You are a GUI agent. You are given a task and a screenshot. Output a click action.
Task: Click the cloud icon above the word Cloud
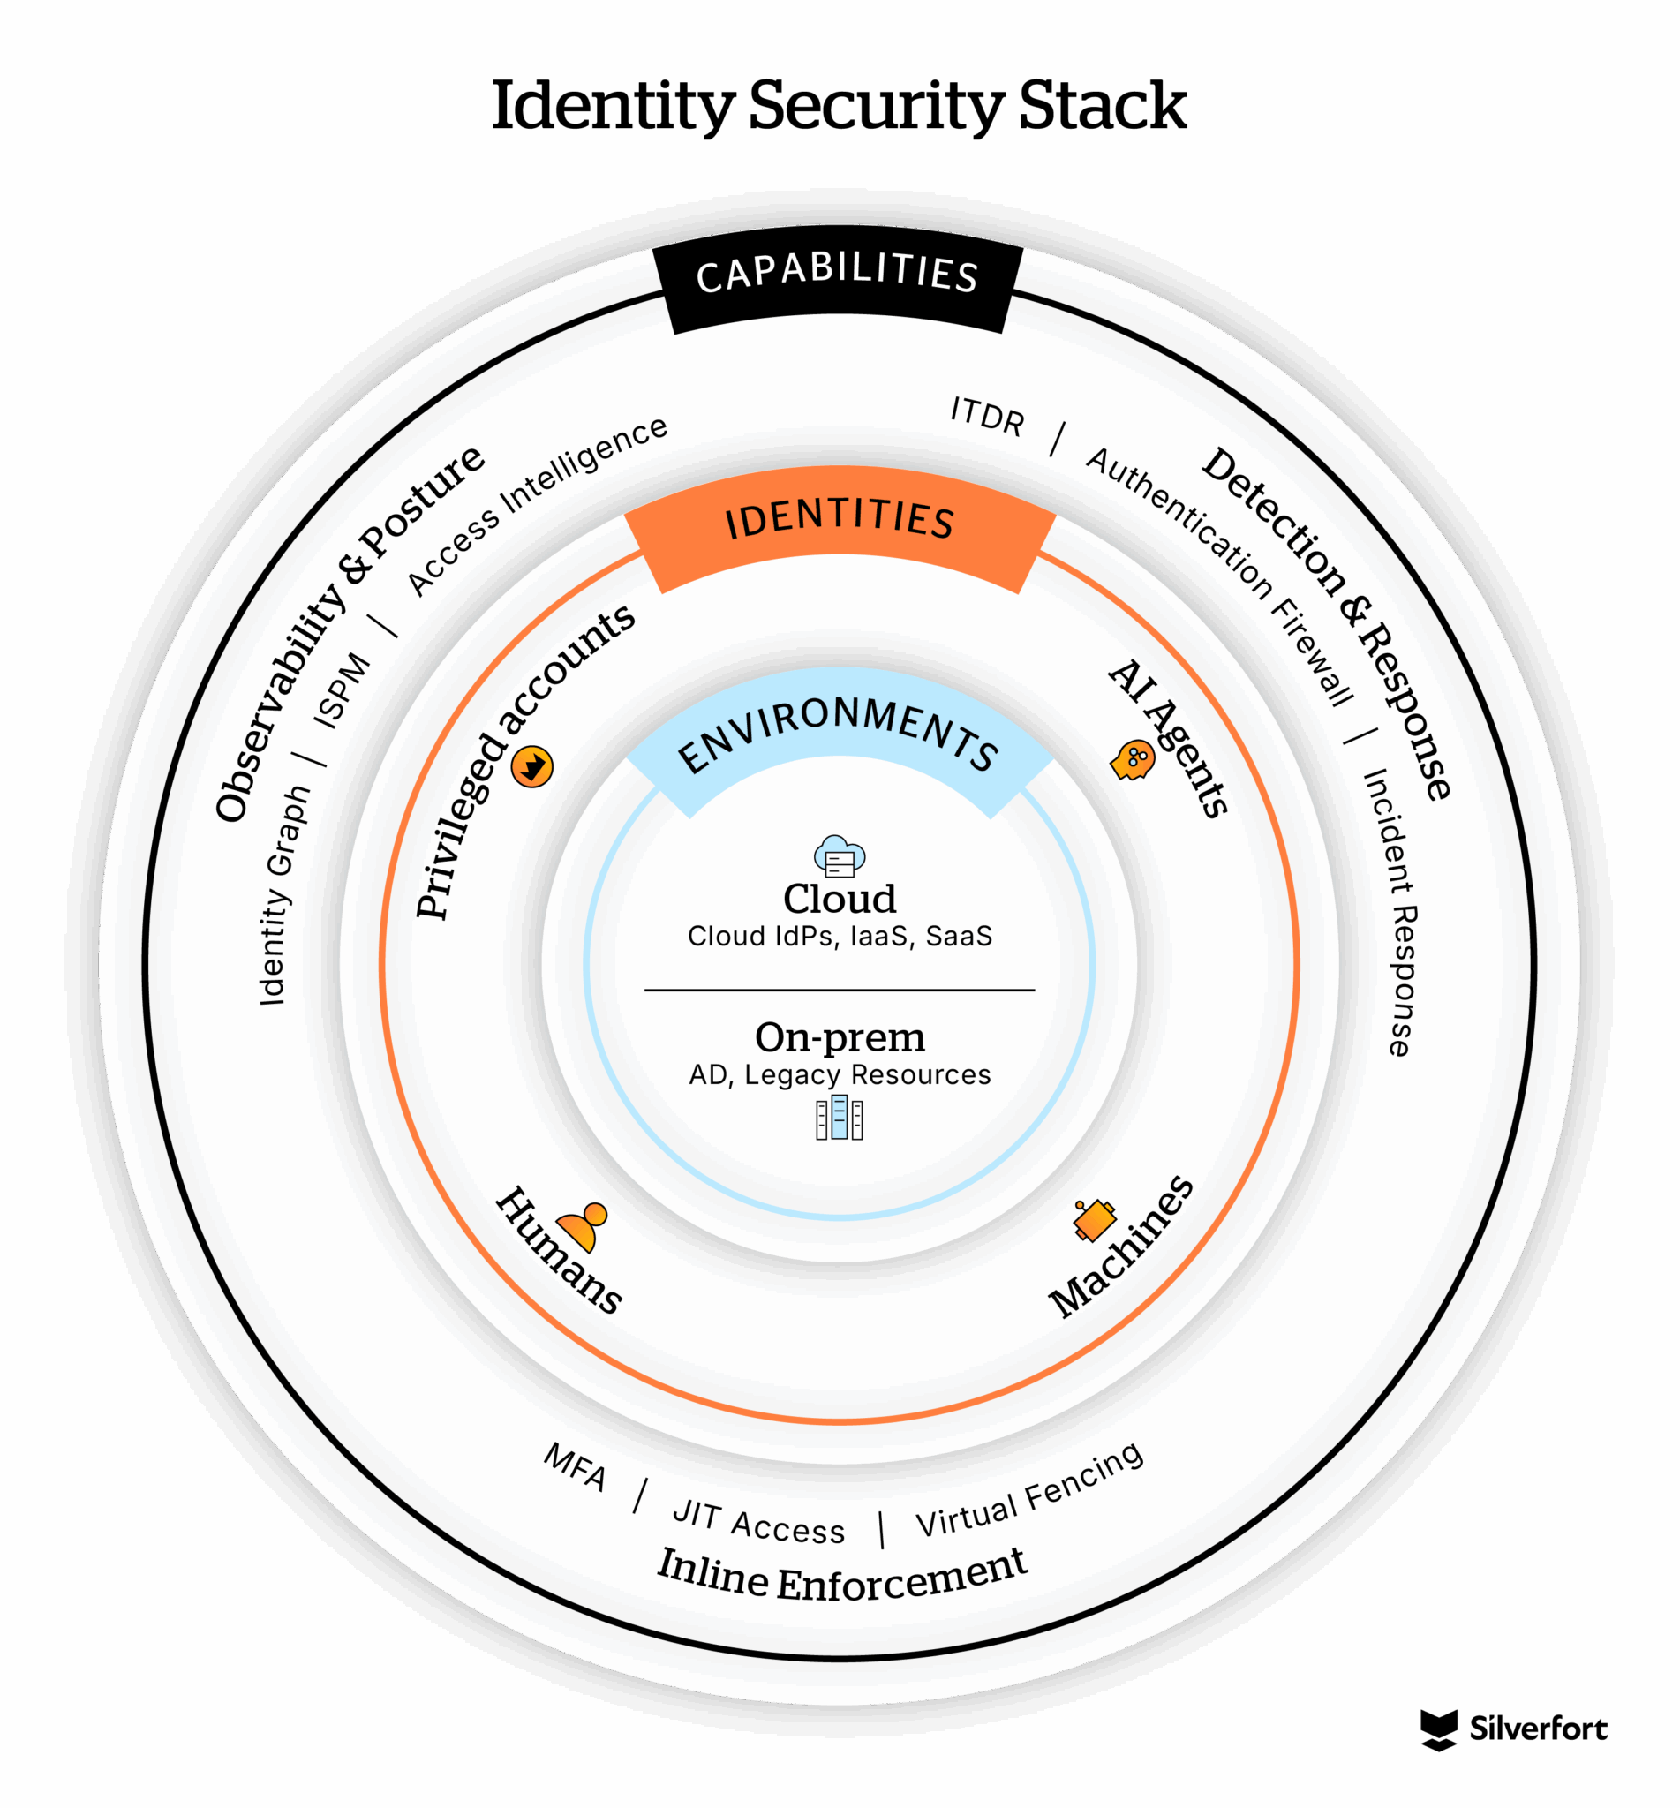(x=839, y=856)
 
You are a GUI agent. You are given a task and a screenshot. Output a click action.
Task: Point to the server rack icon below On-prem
(x=839, y=1117)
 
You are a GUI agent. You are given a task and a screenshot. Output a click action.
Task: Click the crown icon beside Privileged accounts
(x=531, y=766)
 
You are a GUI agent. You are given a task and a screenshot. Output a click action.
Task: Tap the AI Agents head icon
(x=1133, y=759)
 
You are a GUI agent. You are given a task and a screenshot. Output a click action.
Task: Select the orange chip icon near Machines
(x=1094, y=1220)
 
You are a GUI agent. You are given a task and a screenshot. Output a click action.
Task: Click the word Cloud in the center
(x=839, y=899)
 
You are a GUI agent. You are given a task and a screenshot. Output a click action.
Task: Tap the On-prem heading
(x=839, y=1037)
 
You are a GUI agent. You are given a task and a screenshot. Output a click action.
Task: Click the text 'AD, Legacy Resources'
(x=839, y=1074)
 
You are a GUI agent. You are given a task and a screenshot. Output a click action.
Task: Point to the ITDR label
(x=987, y=417)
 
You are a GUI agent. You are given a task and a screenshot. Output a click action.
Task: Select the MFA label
(x=575, y=1467)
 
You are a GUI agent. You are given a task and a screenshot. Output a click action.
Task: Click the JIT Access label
(x=758, y=1524)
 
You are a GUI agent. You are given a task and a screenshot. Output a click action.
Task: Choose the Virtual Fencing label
(x=1029, y=1492)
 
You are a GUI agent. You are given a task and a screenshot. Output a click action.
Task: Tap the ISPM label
(x=342, y=691)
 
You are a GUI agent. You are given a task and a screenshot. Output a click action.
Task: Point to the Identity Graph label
(x=283, y=894)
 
